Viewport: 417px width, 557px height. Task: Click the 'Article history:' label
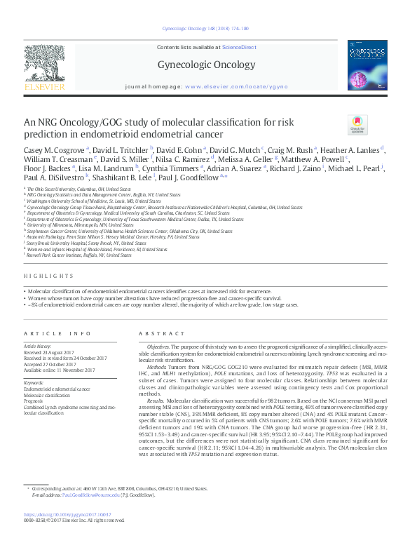[39, 347]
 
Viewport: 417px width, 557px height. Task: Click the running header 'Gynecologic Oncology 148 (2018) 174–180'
[208, 29]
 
